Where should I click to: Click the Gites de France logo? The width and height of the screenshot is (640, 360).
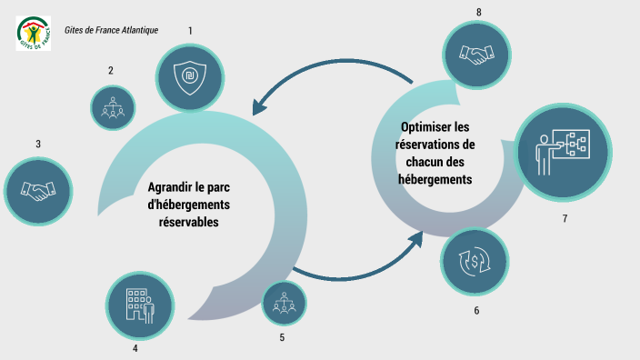pyautogui.click(x=34, y=32)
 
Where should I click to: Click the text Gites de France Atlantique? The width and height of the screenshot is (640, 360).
pyautogui.click(x=111, y=30)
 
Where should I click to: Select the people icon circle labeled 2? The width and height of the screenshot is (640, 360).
pyautogui.click(x=113, y=107)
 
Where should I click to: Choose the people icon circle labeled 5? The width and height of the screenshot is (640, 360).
pyautogui.click(x=284, y=303)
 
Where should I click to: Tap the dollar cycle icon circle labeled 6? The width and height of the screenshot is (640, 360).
pyautogui.click(x=475, y=262)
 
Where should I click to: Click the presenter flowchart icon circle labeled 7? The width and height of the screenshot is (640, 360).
pyautogui.click(x=562, y=152)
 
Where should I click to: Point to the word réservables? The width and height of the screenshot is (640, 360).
pyautogui.click(x=188, y=221)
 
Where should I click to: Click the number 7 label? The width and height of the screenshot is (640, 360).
pyautogui.click(x=565, y=219)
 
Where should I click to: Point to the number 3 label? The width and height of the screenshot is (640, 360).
pyautogui.click(x=38, y=144)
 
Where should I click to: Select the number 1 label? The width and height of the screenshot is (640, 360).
pyautogui.click(x=190, y=31)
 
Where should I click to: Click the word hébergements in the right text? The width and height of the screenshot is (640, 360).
pyautogui.click(x=435, y=179)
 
